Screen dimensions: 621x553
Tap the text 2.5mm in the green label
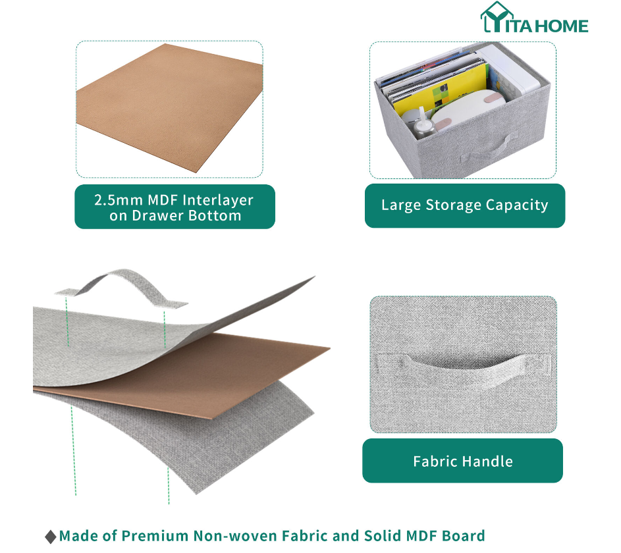[x=119, y=200]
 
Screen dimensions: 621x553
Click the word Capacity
[x=517, y=205]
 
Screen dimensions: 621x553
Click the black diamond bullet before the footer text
[x=51, y=537]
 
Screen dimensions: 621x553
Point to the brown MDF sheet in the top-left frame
[x=169, y=109]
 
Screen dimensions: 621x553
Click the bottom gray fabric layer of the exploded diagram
[x=186, y=435]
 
